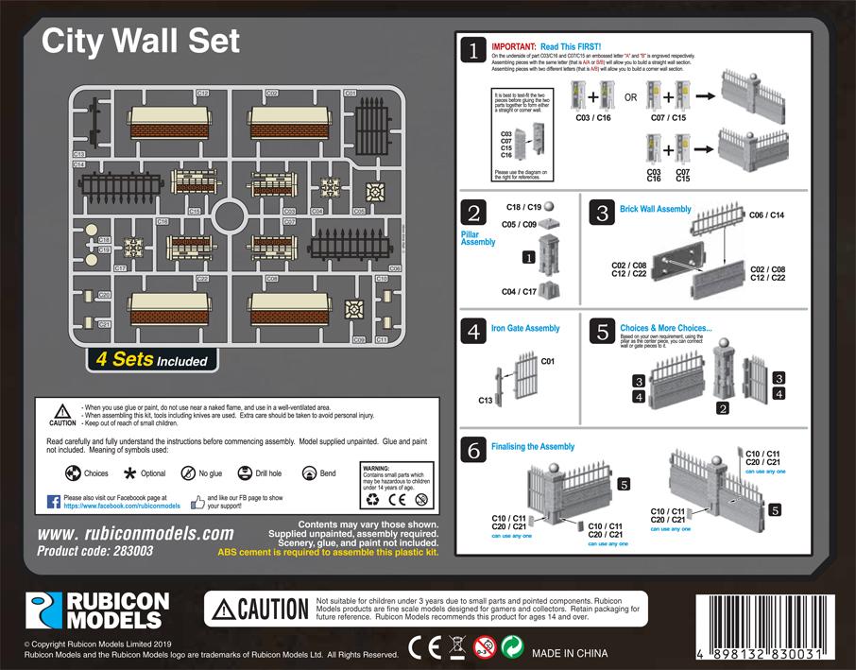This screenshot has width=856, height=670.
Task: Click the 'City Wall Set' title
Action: tap(141, 41)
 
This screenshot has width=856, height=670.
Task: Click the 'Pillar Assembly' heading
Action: tap(478, 237)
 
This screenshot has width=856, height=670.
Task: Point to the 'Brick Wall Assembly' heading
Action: tap(655, 209)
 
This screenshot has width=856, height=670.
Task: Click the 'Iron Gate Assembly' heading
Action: tap(525, 329)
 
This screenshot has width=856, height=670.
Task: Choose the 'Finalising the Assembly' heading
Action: tap(532, 446)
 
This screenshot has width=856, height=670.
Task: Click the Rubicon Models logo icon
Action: tap(42, 611)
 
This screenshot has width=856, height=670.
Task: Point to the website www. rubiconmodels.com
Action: tap(135, 533)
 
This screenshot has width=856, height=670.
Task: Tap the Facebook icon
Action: tap(54, 500)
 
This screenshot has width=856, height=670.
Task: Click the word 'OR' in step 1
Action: tap(630, 97)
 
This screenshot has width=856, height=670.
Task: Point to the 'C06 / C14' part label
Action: tap(765, 215)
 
